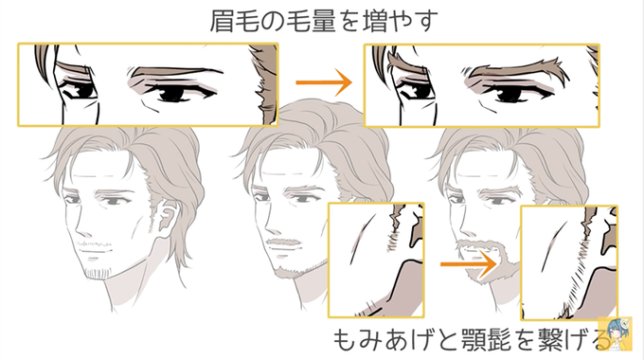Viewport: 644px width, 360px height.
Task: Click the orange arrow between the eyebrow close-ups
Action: tap(324, 82)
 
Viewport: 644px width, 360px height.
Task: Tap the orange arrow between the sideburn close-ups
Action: tap(469, 263)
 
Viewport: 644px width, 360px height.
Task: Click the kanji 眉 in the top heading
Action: tap(223, 21)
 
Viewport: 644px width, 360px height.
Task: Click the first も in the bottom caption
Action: tap(345, 339)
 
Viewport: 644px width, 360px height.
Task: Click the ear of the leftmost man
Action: tap(167, 218)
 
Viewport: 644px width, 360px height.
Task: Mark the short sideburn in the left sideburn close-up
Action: tap(393, 242)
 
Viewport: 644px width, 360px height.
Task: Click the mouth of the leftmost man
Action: tap(96, 250)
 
